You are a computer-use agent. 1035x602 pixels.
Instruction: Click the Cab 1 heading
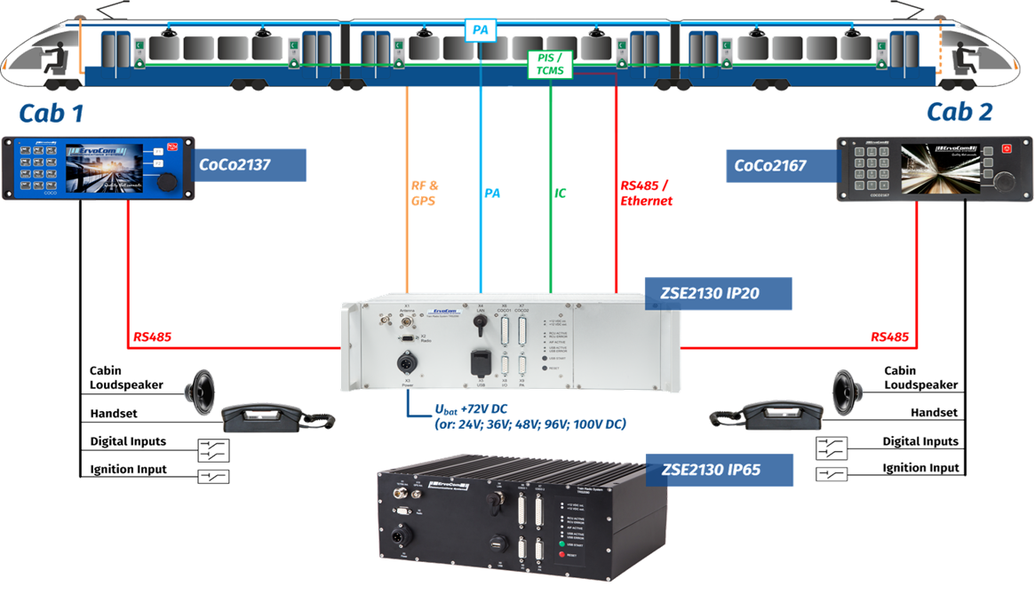pos(59,112)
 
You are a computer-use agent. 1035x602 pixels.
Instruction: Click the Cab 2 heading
pos(959,112)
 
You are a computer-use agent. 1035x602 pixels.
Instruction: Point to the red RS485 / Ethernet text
pos(646,194)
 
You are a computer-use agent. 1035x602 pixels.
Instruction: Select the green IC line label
pos(561,192)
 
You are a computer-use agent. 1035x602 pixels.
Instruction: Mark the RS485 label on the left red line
pos(152,337)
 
